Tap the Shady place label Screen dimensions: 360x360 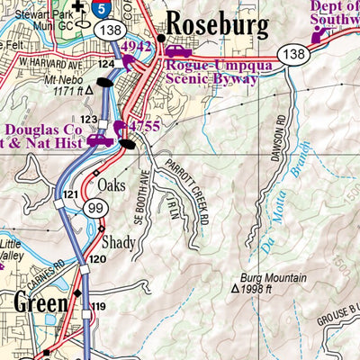[x=118, y=242]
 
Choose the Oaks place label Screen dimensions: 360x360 [x=112, y=186]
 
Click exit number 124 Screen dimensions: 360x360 [x=106, y=64]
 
